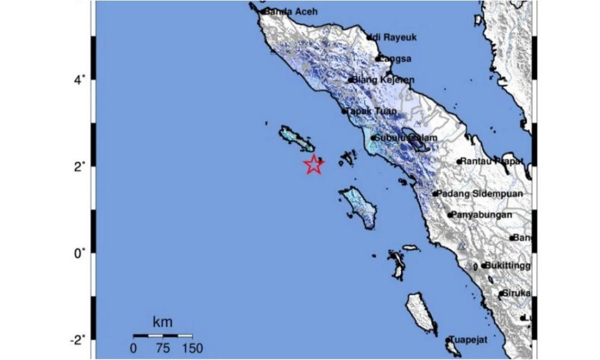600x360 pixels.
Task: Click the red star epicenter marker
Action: pos(313,164)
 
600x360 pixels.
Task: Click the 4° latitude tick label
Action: pos(79,78)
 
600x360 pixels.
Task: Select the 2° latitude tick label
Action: pos(79,165)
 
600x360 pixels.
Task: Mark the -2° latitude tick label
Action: pos(77,340)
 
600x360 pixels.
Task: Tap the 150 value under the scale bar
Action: pos(192,348)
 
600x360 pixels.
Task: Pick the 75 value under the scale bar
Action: pos(163,348)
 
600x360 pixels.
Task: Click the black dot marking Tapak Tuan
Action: pos(345,111)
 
